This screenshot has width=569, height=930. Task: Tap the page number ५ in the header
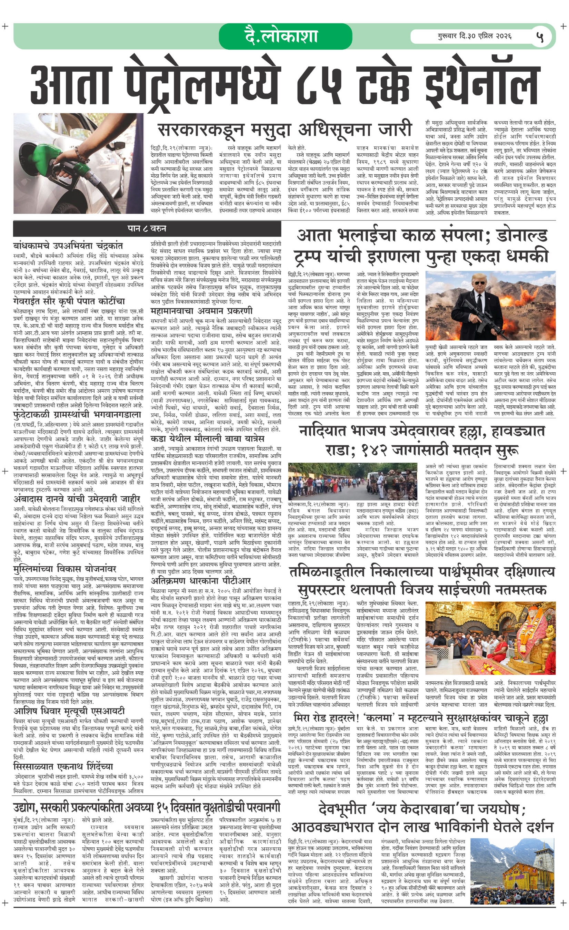[x=540, y=37]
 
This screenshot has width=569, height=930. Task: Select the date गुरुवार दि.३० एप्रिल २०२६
[x=475, y=37]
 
